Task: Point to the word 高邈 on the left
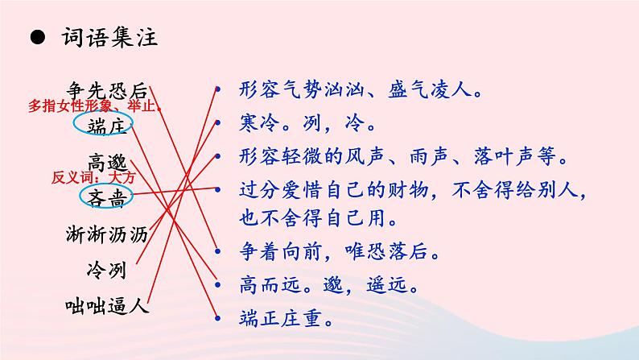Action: pyautogui.click(x=107, y=161)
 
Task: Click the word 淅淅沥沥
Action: pyautogui.click(x=107, y=234)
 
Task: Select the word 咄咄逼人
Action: pyautogui.click(x=107, y=305)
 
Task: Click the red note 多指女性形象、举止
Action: pyautogui.click(x=95, y=106)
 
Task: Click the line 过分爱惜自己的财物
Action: pyautogui.click(x=412, y=192)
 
